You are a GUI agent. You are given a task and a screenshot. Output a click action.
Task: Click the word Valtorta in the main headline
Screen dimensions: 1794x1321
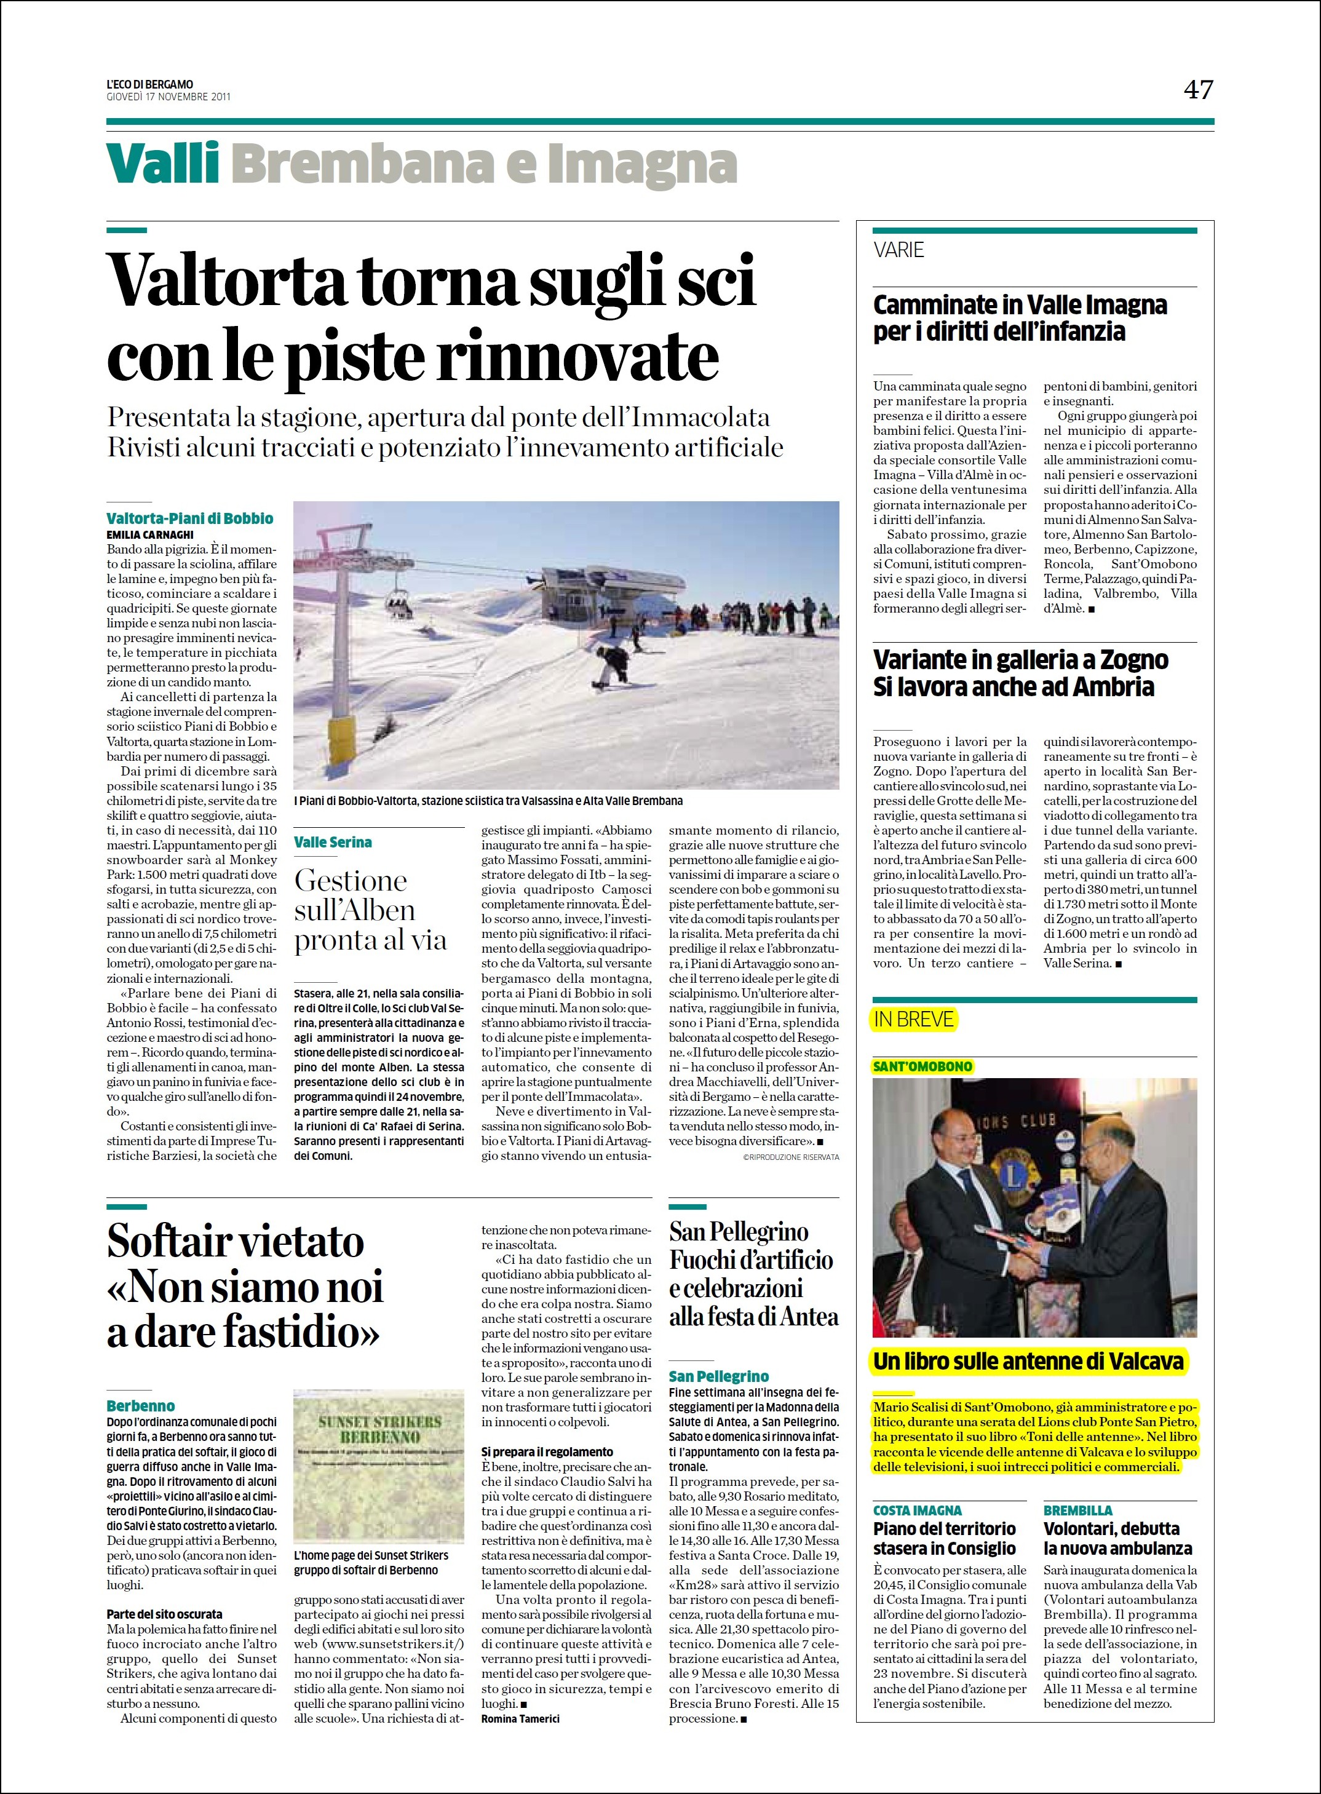226,282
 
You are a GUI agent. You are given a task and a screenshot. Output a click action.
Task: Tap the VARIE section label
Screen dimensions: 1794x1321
899,250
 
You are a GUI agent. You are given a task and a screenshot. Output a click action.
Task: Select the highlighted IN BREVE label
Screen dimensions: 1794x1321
913,1019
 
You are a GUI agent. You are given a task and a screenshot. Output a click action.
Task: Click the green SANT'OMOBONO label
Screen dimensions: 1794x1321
922,1066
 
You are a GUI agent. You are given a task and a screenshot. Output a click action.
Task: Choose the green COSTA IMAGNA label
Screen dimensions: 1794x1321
917,1510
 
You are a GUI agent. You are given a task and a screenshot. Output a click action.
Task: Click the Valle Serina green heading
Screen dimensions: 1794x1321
333,842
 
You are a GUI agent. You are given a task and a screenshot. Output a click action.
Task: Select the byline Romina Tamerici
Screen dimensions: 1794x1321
520,1718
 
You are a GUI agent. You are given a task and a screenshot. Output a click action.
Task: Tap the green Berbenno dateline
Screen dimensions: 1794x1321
141,1405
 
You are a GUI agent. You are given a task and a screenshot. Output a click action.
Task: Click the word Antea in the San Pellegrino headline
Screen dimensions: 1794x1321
809,1317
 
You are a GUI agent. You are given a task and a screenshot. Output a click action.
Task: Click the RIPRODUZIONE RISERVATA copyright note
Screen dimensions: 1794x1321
791,1157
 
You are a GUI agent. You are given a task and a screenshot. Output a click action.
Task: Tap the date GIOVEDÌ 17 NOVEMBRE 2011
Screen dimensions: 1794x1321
169,97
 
